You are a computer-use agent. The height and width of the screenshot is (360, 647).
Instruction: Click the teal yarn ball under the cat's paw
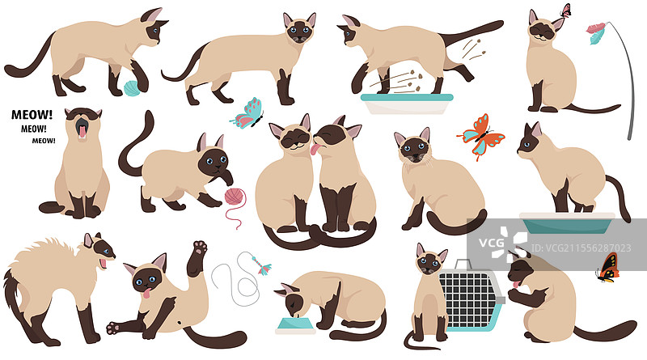[131, 87]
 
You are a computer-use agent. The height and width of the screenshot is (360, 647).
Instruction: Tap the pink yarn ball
[235, 197]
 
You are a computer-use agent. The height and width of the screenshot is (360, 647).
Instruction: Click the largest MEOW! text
[27, 114]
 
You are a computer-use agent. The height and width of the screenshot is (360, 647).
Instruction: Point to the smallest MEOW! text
[44, 140]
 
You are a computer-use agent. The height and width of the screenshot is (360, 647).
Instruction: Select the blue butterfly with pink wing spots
[247, 112]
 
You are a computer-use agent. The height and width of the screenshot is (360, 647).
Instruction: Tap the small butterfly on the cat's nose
[565, 11]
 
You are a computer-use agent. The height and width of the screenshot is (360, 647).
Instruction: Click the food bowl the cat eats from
[294, 326]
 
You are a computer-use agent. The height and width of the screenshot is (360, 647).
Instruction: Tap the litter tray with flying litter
[407, 103]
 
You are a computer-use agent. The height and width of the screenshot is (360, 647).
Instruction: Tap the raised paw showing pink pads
[199, 247]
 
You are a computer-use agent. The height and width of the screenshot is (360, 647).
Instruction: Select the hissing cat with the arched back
[57, 283]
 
